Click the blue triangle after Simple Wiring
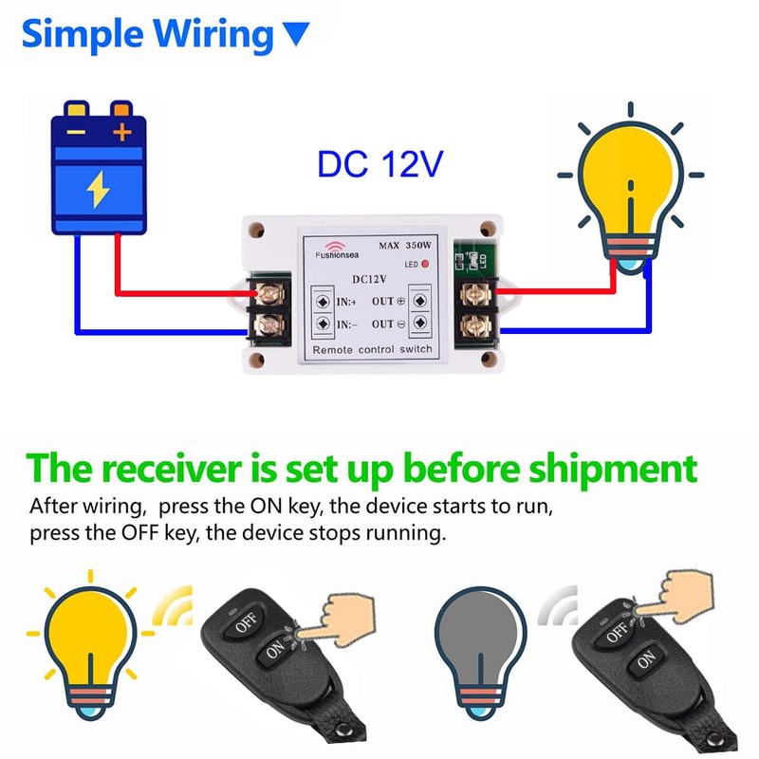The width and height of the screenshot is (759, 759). tap(297, 36)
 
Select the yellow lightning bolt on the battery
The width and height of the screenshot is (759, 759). tap(99, 191)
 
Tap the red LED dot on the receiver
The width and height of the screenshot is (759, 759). tap(426, 263)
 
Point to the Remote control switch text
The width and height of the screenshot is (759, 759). tap(373, 348)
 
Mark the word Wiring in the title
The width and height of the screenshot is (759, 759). tap(213, 34)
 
